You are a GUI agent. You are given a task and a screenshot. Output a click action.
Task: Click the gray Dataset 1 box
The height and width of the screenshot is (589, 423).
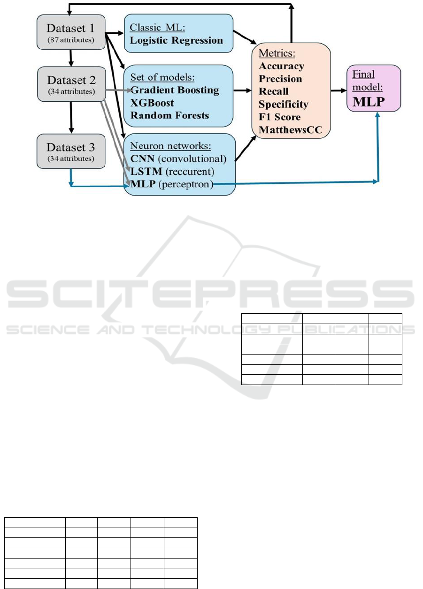click(71, 32)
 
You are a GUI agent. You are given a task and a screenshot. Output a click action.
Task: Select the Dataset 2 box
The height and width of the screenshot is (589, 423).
click(72, 84)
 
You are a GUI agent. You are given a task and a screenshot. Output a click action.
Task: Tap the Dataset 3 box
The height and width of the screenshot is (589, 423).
click(71, 151)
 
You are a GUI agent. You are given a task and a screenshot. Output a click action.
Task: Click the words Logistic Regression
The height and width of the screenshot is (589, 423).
click(177, 40)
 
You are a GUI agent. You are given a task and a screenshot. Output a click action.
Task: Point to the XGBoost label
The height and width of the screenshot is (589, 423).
click(152, 103)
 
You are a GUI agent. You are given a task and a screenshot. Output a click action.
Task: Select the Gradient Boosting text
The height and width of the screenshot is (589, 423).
click(175, 90)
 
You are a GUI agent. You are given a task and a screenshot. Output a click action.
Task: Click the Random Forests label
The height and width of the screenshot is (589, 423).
click(170, 115)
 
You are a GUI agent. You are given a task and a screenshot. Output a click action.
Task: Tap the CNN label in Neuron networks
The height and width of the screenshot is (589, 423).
click(142, 159)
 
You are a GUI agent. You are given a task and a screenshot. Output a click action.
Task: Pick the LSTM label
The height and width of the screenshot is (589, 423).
click(146, 172)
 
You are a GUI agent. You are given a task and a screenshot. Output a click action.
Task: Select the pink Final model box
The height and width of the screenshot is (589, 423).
click(374, 88)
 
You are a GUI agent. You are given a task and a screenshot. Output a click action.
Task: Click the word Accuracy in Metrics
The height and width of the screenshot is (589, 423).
click(281, 66)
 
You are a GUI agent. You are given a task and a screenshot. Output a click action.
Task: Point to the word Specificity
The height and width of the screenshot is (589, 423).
click(284, 105)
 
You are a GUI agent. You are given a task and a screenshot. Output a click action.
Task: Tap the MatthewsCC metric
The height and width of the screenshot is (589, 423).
click(291, 129)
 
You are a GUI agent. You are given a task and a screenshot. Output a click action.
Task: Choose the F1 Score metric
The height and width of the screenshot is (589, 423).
click(279, 117)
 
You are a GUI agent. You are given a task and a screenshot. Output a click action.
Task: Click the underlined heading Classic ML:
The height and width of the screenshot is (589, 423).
click(157, 28)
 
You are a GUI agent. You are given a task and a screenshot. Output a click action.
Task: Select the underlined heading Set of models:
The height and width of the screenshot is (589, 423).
click(162, 77)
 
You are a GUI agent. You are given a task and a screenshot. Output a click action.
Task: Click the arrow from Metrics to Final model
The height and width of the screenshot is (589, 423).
click(338, 91)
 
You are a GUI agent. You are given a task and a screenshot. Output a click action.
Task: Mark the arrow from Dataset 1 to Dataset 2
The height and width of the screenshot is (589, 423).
click(71, 58)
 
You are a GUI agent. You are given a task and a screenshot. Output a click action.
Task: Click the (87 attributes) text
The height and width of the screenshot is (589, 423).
click(71, 40)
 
